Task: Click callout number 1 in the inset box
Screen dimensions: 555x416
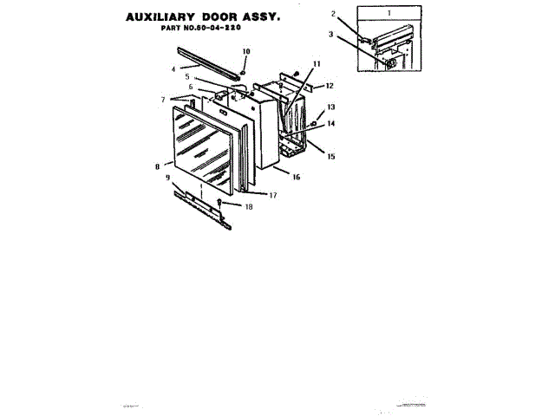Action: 389,14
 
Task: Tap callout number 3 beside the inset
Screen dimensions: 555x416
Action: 330,35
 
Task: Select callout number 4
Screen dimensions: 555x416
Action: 173,68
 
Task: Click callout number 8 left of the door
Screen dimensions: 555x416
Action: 157,166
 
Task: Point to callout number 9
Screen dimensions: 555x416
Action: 167,177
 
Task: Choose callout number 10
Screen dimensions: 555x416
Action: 245,52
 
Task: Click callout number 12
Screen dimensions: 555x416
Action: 330,87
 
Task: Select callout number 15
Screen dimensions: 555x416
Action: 330,156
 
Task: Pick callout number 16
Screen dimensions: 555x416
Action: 296,177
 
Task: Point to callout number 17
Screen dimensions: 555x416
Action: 272,195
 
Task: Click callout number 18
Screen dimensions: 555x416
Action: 249,207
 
